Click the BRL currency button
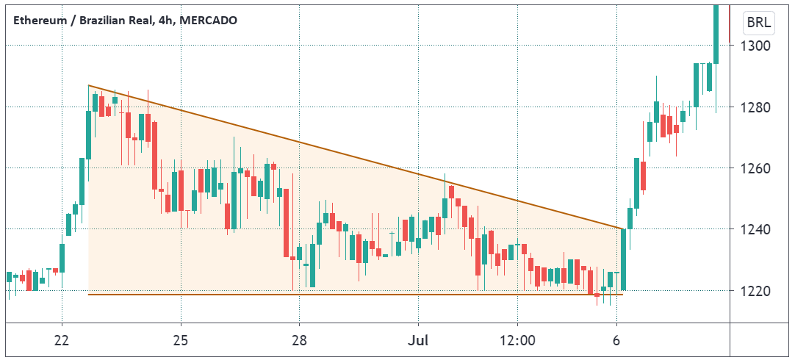(x=759, y=23)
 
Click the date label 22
(x=62, y=342)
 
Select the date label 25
(x=181, y=342)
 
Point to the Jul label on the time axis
(x=418, y=342)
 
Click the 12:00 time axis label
(x=518, y=342)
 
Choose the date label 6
(x=617, y=342)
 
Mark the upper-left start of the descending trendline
(x=89, y=86)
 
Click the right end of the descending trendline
(x=623, y=228)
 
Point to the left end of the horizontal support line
(x=89, y=295)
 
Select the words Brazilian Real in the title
(x=110, y=21)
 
